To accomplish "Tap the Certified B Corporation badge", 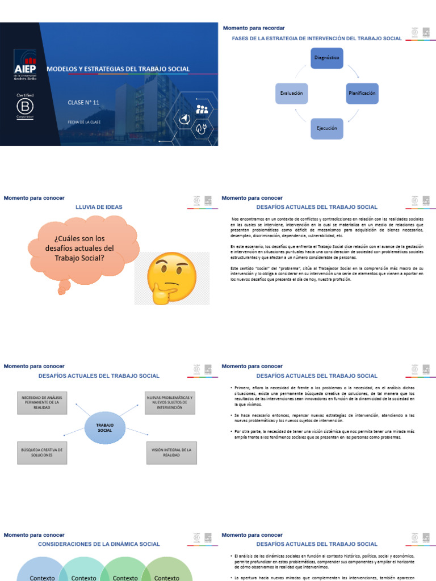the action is click(25, 106).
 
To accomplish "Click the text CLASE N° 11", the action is click(83, 102).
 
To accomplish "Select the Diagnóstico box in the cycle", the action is click(326, 58).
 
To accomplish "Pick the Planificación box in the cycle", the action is click(362, 92).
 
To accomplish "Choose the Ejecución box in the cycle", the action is click(326, 128).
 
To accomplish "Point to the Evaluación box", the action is click(291, 92).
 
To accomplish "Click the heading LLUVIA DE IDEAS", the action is click(99, 207).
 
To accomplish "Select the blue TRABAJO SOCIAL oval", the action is click(105, 427).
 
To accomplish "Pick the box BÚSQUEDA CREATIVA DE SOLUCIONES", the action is click(41, 452).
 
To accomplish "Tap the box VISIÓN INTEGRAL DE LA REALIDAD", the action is click(171, 452).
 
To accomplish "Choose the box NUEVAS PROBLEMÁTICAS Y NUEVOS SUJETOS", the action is click(169, 402).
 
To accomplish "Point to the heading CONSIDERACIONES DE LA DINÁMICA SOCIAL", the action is click(99, 544).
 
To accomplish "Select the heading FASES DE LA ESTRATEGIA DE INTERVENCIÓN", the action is click(317, 39).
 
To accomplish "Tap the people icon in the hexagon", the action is click(202, 109).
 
